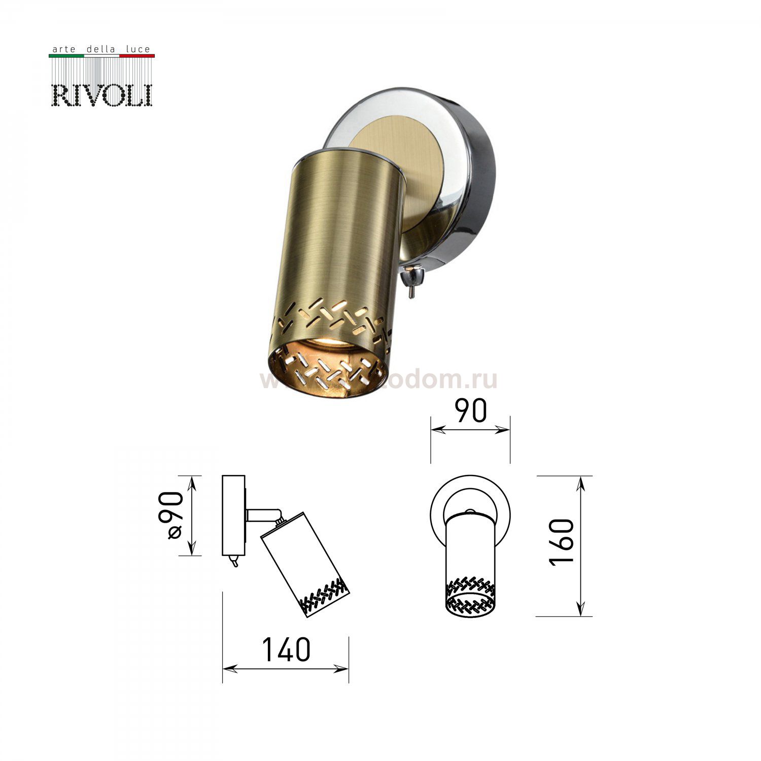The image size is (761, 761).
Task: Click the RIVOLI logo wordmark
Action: (x=102, y=95)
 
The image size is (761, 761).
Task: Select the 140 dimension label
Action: (x=286, y=650)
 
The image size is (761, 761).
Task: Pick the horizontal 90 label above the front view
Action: (x=470, y=411)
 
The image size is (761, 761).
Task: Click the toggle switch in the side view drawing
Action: (x=234, y=561)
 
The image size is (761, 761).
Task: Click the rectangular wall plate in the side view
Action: (x=234, y=515)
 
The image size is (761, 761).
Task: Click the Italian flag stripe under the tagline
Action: (x=101, y=56)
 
